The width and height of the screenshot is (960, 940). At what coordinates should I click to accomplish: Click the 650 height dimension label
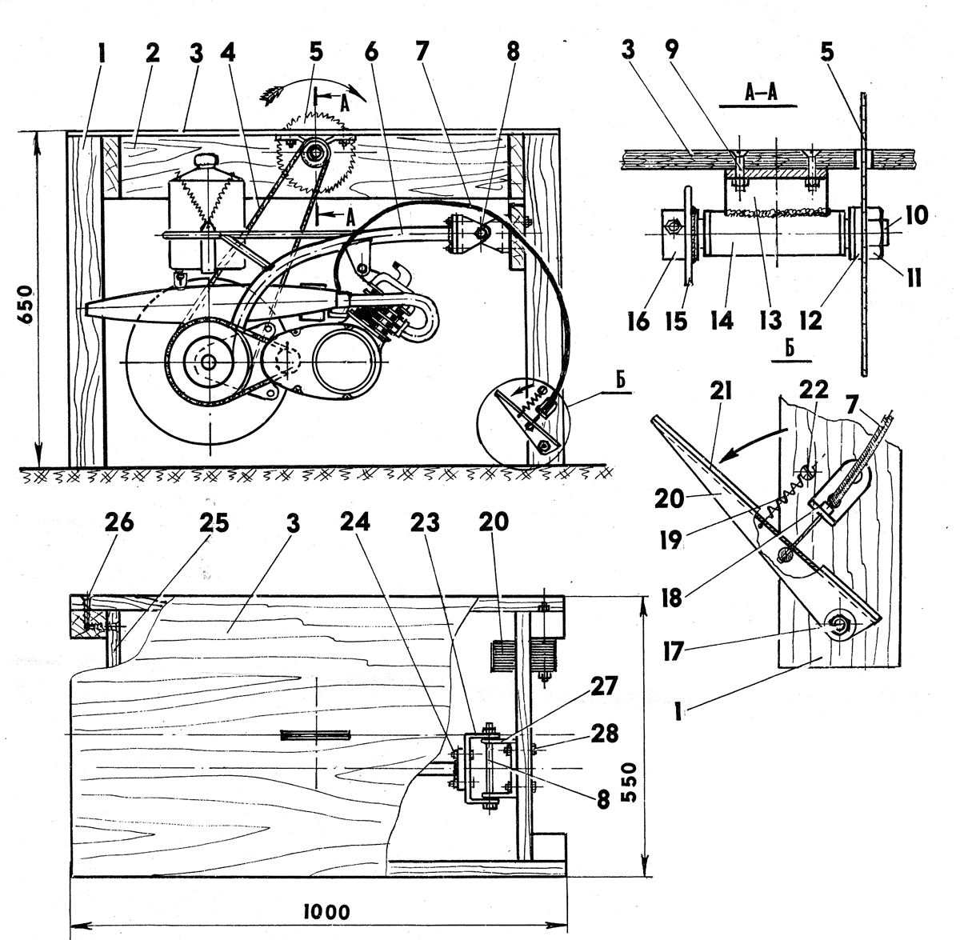click(x=26, y=302)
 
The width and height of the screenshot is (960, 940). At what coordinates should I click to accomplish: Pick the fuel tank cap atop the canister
click(x=209, y=160)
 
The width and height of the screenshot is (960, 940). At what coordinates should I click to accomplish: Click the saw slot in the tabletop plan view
click(x=316, y=734)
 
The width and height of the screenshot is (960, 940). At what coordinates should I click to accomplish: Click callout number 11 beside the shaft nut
click(x=914, y=278)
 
